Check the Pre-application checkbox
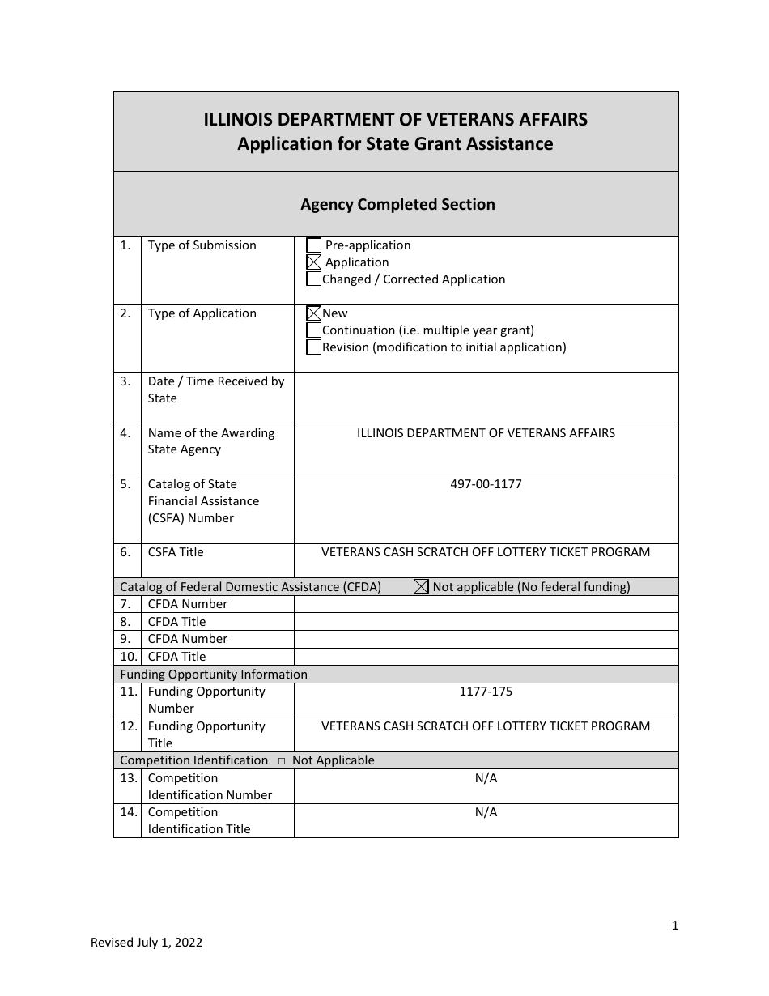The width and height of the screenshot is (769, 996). (x=314, y=245)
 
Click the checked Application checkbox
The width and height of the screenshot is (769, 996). (x=314, y=262)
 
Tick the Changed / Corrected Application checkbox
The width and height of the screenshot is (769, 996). (x=314, y=279)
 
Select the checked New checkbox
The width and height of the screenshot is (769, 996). (x=314, y=313)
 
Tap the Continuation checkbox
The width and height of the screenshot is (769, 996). (x=314, y=330)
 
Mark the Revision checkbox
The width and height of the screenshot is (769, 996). (x=314, y=347)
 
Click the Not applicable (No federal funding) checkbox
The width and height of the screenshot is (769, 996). (x=421, y=587)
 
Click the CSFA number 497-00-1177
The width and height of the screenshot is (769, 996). (x=486, y=484)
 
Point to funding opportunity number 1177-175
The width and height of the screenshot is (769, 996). (x=486, y=692)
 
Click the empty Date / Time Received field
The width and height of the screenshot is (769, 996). (x=486, y=398)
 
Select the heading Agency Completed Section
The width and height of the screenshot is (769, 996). (x=397, y=205)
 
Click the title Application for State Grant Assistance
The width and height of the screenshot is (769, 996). (x=395, y=144)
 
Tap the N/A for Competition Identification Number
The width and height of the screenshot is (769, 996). (x=486, y=778)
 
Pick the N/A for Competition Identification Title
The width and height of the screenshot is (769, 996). (x=486, y=812)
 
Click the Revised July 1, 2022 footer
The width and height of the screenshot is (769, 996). (x=147, y=942)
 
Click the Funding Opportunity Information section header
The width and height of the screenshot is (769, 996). (x=214, y=675)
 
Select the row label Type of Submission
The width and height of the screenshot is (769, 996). (x=202, y=245)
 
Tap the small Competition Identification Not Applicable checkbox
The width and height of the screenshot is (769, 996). (x=282, y=761)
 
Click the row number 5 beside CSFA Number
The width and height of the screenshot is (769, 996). (x=125, y=484)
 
